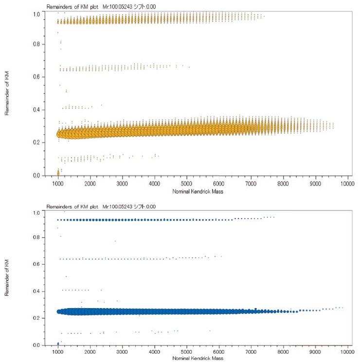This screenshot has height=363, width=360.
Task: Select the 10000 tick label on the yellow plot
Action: point(346,184)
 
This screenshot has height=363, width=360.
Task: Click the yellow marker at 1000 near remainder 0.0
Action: point(58,172)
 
